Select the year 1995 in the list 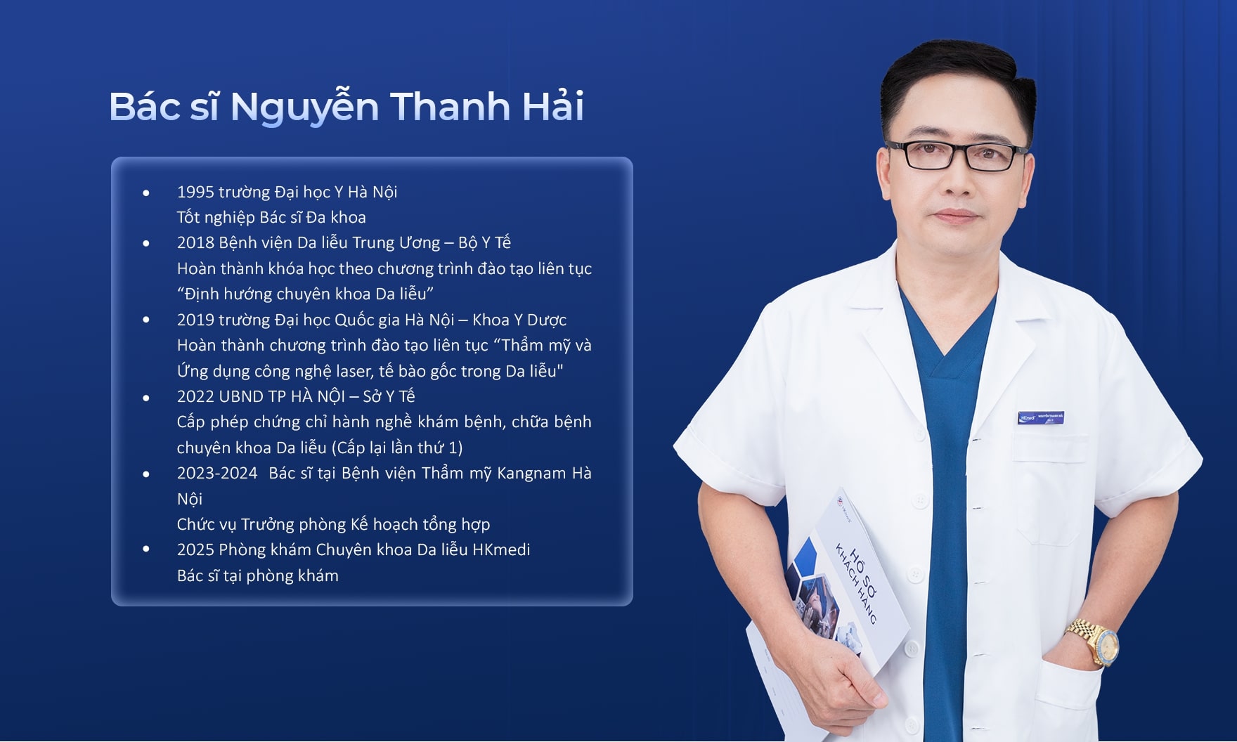195,192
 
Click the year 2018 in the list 195,243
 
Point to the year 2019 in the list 195,320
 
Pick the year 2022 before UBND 195,396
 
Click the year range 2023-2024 217,474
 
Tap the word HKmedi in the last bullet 501,549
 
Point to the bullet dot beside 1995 146,192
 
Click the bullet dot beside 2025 146,549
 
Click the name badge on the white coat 1041,417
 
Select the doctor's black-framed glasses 957,155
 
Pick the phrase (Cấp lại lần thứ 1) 396,448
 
